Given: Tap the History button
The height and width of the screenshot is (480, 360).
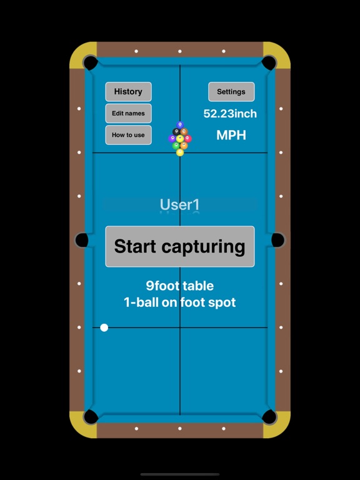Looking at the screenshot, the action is (128, 91).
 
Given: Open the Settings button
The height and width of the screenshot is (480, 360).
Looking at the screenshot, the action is (231, 91).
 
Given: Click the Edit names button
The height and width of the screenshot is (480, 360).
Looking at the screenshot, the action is (128, 113).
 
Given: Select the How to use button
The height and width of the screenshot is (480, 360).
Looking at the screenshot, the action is (128, 135).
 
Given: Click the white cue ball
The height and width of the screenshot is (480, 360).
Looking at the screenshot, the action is (104, 327).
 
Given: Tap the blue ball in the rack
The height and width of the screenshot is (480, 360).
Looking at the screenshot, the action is (180, 125).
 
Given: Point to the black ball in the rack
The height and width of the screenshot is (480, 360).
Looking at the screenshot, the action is (176, 132).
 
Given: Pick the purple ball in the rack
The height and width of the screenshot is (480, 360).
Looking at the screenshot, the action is (172, 139).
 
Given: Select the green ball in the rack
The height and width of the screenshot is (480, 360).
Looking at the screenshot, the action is (176, 146).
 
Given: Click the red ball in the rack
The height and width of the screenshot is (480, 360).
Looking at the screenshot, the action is (188, 139).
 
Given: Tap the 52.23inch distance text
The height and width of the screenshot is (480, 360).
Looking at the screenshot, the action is (230, 114).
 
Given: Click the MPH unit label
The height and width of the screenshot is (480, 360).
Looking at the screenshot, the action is (231, 135).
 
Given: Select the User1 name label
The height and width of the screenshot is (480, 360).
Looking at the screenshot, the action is (180, 204).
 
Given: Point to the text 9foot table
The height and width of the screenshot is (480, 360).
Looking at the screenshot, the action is (180, 286).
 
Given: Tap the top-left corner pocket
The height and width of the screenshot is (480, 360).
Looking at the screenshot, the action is (91, 62).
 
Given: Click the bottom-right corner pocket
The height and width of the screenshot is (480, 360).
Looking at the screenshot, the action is (269, 417).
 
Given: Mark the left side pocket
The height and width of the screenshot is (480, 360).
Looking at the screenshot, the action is (82, 240).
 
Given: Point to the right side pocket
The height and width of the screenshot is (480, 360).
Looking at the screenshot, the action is (278, 240).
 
